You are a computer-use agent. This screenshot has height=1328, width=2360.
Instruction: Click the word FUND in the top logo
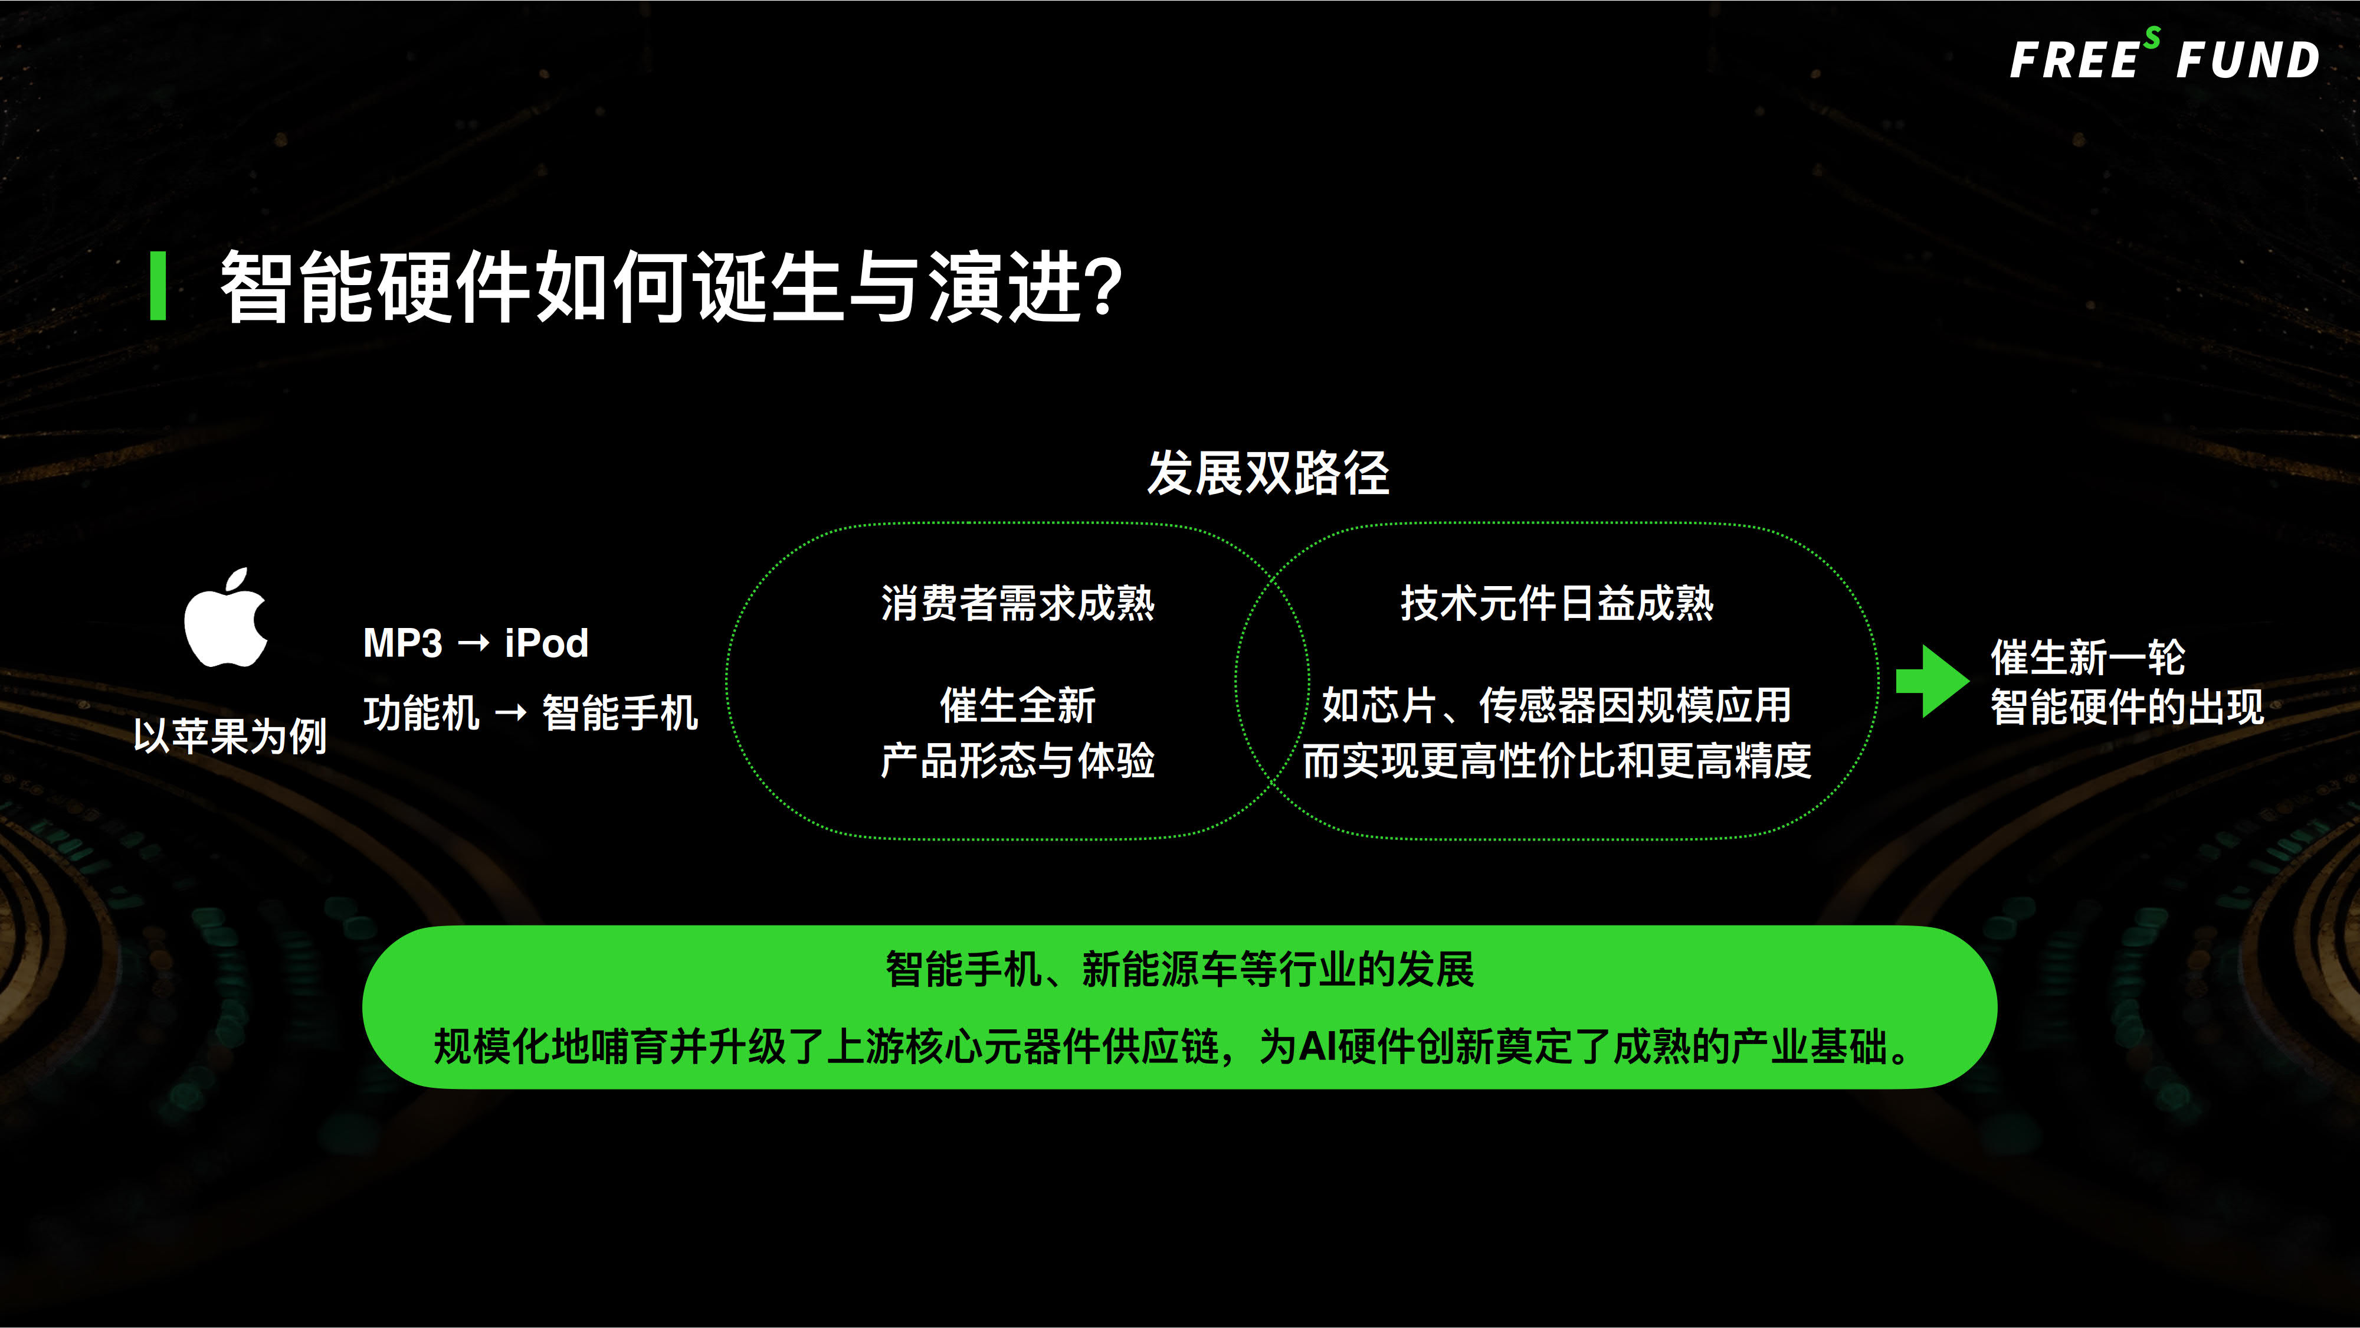pos(2247,60)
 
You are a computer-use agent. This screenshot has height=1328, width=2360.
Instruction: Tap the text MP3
pos(403,643)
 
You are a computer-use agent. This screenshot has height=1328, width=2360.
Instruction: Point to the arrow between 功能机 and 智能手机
pos(510,713)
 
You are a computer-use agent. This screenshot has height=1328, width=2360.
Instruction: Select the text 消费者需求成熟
pos(1018,603)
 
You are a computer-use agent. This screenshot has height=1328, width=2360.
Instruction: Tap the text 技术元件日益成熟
pos(1556,603)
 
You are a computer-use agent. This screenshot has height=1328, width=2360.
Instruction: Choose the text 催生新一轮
pos(2088,657)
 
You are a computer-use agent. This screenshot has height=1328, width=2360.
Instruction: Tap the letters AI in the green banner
pos(1317,1046)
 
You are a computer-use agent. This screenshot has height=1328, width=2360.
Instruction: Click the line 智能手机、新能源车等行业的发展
pos(1180,970)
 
